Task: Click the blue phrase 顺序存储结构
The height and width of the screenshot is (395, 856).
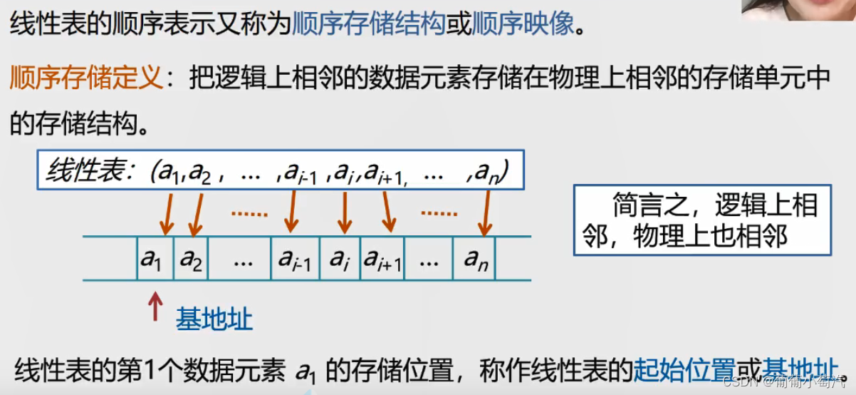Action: (368, 25)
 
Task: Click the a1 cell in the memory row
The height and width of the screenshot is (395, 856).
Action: (152, 259)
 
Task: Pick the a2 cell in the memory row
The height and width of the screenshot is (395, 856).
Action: (191, 259)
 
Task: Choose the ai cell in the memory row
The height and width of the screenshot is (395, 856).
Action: (340, 259)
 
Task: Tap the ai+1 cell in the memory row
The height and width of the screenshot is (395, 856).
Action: (384, 259)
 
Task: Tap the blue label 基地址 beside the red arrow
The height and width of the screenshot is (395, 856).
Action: (214, 319)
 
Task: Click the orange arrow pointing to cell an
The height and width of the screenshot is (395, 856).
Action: (486, 213)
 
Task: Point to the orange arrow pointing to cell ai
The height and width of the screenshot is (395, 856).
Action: (343, 213)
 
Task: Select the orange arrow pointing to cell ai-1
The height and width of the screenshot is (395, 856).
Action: (289, 213)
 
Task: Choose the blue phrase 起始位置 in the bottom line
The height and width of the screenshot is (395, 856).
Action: (684, 371)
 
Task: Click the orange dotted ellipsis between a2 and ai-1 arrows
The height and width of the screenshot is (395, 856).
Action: (249, 212)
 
